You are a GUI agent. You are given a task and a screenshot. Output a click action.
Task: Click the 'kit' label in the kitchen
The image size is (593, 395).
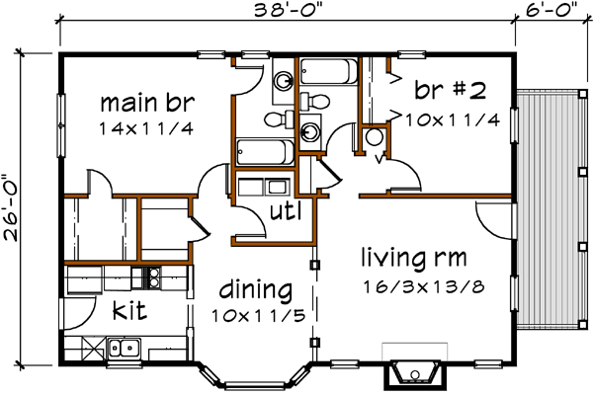pyautogui.click(x=129, y=312)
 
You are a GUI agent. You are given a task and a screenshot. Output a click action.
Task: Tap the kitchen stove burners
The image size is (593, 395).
pyautogui.click(x=152, y=277)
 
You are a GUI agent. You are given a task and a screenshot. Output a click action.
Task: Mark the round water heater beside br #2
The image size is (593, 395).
pyautogui.click(x=375, y=138)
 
